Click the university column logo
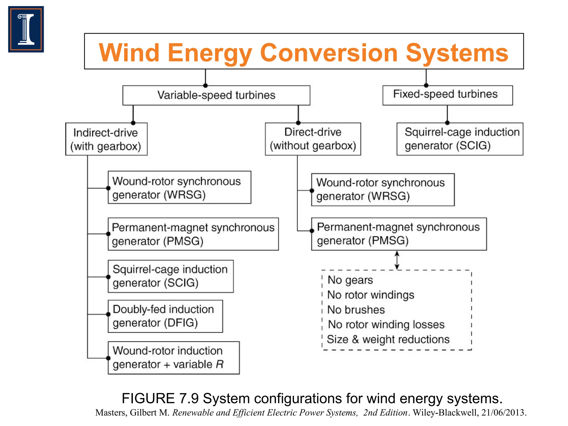tap(26, 29)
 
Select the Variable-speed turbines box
tap(216, 95)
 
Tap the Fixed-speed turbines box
tap(447, 95)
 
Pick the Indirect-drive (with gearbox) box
tap(106, 139)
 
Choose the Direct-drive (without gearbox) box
tap(313, 139)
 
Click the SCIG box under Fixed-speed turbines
tap(460, 139)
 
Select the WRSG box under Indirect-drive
tap(179, 187)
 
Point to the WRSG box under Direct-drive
tap(383, 189)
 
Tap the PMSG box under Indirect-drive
tap(193, 234)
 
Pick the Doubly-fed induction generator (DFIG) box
tap(165, 316)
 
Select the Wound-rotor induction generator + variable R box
tap(174, 357)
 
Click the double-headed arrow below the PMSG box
tap(397, 260)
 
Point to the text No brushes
tap(356, 310)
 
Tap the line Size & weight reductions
tap(388, 339)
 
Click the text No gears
tap(350, 280)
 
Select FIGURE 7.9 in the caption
tap(160, 399)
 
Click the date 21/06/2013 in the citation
tap(503, 413)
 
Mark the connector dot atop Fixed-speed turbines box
tap(426, 85)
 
